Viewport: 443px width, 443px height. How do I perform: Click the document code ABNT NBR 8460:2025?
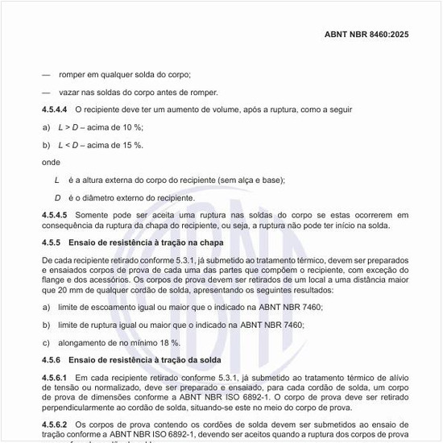[x=377, y=35]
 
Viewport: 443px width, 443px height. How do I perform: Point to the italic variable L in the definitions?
[x=56, y=180]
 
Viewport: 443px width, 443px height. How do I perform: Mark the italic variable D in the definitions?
[x=57, y=197]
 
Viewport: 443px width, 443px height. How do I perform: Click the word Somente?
[x=92, y=215]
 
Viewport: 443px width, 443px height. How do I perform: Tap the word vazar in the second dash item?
[x=69, y=92]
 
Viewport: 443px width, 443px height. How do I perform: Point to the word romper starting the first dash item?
[x=72, y=74]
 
